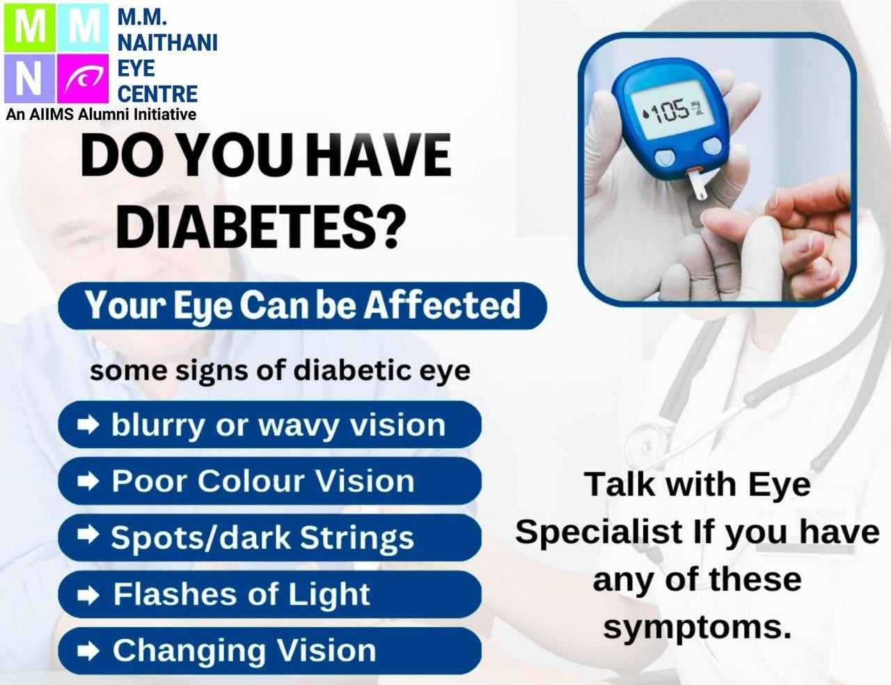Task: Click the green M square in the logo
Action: click(29, 28)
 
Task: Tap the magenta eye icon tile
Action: click(83, 78)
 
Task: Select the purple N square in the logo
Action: click(29, 78)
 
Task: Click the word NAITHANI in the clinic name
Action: click(167, 43)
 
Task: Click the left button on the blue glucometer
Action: click(663, 156)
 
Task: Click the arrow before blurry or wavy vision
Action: click(88, 425)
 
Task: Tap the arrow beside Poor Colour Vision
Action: click(88, 481)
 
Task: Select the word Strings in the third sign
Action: click(356, 539)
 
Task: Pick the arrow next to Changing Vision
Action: click(88, 651)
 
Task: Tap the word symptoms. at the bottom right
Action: click(697, 629)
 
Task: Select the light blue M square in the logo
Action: click(83, 28)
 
